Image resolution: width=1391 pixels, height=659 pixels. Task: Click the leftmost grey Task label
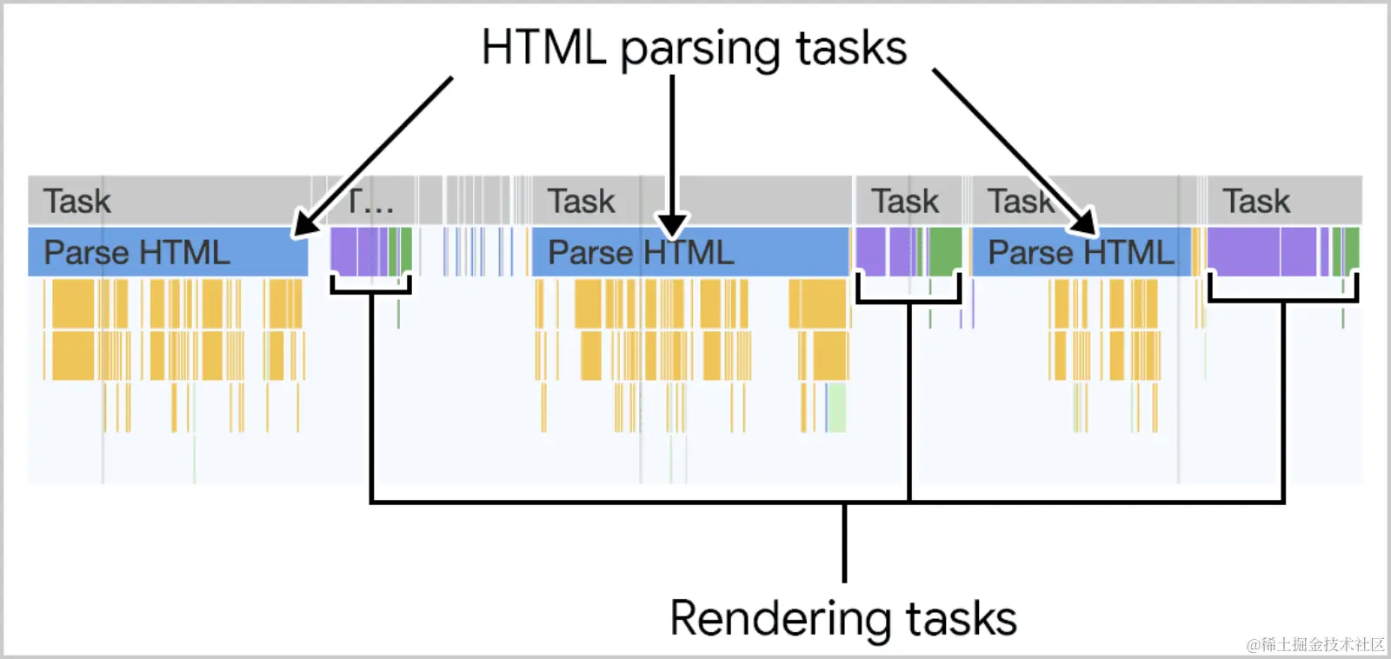pyautogui.click(x=77, y=202)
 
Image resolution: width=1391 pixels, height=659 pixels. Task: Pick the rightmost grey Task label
pyautogui.click(x=1256, y=202)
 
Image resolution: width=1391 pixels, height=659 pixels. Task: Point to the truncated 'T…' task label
pyautogui.click(x=370, y=202)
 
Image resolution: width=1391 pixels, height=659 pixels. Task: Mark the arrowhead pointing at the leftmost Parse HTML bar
pyautogui.click(x=303, y=225)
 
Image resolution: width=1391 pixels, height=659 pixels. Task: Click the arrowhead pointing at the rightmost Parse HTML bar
pyautogui.click(x=1085, y=223)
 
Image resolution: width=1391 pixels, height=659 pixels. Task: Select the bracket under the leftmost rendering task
pyautogui.click(x=371, y=290)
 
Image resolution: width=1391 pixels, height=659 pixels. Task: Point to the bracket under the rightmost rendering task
pyautogui.click(x=1282, y=300)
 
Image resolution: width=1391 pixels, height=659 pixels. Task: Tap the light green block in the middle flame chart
pyautogui.click(x=835, y=407)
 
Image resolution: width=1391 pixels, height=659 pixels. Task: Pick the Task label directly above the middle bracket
pyautogui.click(x=905, y=202)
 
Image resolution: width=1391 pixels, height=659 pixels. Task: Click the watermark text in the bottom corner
pyautogui.click(x=1314, y=644)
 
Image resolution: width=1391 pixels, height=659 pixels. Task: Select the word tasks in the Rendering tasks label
pyautogui.click(x=961, y=619)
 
